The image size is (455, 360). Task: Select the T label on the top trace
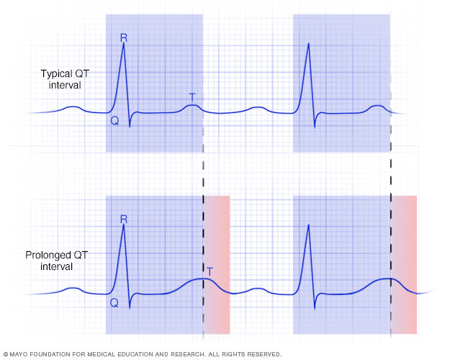coord(192,96)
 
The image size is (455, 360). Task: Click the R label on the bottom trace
coord(123,219)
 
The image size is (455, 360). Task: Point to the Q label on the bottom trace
coord(114,303)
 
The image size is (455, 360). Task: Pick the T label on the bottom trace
coord(210,271)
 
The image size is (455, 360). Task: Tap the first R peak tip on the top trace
coord(124,44)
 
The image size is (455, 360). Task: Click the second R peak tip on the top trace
coord(309,44)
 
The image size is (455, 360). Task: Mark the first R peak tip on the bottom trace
coord(124,225)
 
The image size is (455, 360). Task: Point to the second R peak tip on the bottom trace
coord(309,225)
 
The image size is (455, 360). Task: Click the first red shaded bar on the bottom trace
coord(217,264)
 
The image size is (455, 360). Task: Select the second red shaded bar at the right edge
coord(404,264)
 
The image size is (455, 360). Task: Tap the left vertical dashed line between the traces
coord(203,173)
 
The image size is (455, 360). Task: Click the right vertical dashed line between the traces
coord(391,173)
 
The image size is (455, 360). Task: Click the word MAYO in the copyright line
coord(22,354)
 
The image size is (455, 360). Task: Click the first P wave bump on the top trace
coord(74,108)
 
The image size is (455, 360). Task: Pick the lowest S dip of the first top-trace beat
coord(130,127)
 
